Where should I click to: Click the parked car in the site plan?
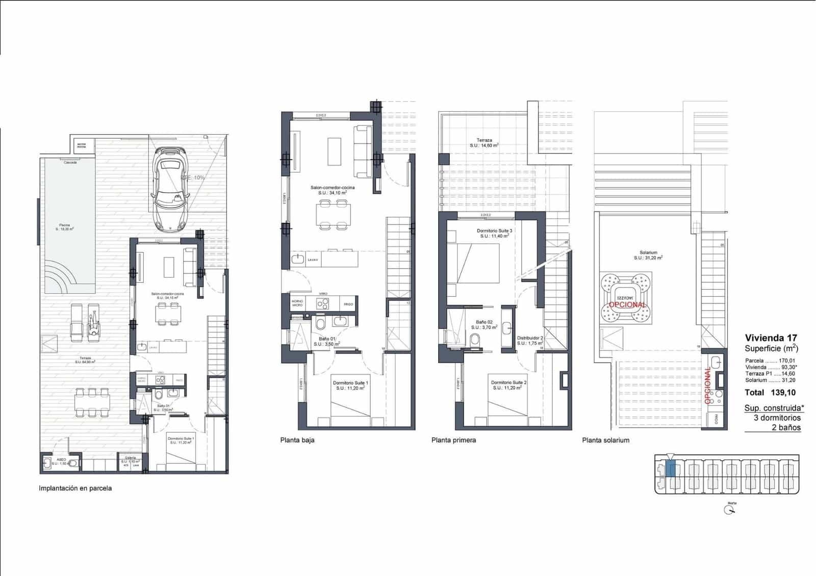[x=171, y=188]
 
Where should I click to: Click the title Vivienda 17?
[x=771, y=337]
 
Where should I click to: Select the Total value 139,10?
[x=784, y=392]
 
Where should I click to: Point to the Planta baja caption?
[x=297, y=440]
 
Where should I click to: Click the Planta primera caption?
[x=453, y=440]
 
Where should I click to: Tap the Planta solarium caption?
[x=605, y=440]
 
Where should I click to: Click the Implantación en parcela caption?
[x=75, y=488]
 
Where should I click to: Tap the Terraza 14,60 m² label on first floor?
[x=484, y=143]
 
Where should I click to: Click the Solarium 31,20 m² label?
[x=648, y=255]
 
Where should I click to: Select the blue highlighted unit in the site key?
[x=671, y=468]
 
